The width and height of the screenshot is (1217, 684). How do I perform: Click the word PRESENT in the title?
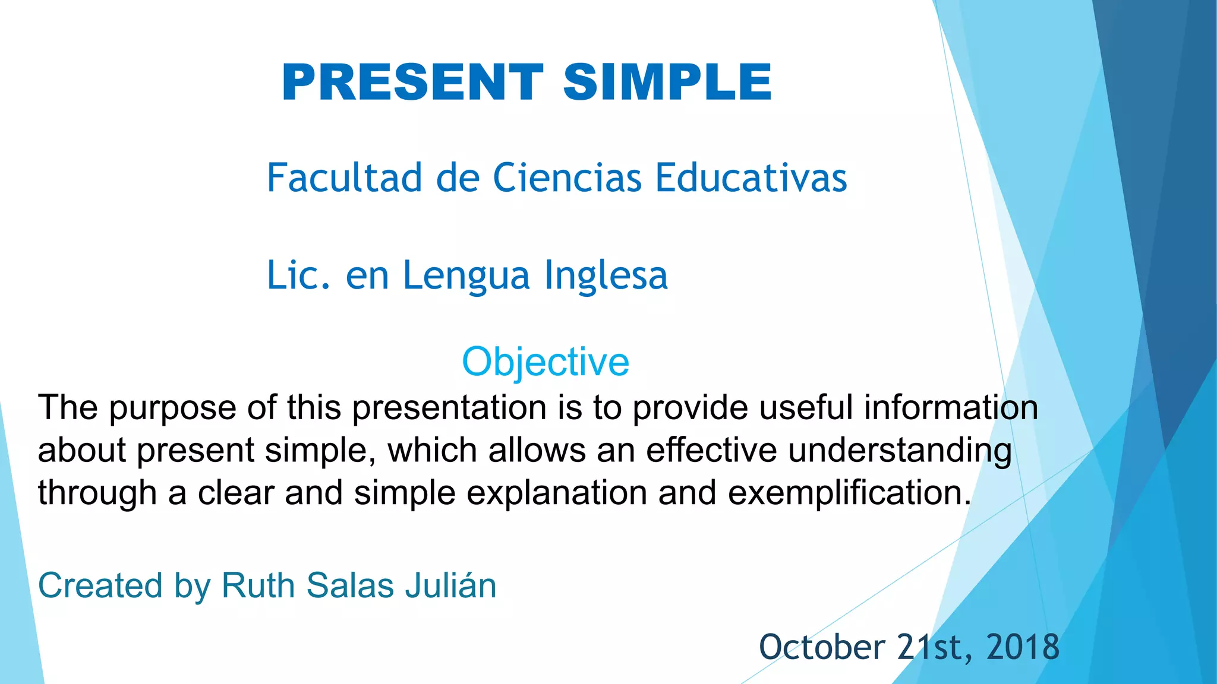(412, 83)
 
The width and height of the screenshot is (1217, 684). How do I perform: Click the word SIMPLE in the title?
(667, 83)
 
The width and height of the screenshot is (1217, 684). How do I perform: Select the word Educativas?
(751, 178)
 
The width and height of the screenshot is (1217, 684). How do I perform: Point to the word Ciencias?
(567, 178)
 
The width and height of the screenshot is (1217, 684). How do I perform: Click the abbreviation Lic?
(298, 275)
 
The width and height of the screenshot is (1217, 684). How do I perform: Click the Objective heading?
(545, 362)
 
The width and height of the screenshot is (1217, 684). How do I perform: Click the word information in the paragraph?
(951, 408)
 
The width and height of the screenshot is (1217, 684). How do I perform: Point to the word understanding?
(900, 451)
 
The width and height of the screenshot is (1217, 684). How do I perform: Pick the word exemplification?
(849, 493)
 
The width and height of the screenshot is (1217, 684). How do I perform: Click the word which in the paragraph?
(433, 451)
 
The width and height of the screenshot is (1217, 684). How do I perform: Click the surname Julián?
(450, 585)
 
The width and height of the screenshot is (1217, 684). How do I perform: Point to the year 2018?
(1023, 647)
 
